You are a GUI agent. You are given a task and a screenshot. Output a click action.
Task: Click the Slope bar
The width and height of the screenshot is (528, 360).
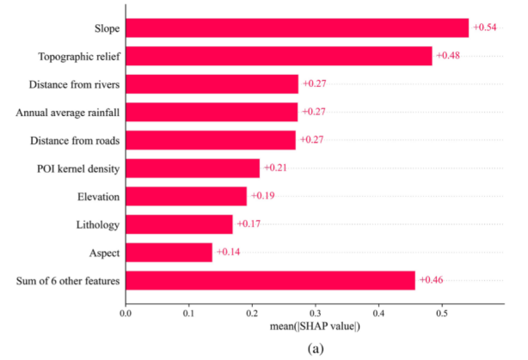click(x=297, y=28)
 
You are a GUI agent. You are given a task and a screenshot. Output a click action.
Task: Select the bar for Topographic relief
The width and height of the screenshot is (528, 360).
click(x=279, y=56)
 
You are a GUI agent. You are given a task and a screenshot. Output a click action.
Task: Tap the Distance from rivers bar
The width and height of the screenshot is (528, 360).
click(x=212, y=84)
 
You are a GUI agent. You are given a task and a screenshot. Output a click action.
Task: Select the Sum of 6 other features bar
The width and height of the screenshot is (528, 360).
click(x=270, y=280)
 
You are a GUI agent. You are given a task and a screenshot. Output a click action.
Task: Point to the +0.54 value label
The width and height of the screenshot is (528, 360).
click(x=484, y=28)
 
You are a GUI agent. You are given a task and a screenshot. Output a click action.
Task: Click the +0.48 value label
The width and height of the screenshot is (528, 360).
click(x=449, y=56)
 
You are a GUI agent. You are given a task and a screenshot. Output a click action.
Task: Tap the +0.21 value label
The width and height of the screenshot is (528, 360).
click(x=275, y=168)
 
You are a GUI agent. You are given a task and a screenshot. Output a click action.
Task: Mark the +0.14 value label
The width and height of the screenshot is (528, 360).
click(x=228, y=252)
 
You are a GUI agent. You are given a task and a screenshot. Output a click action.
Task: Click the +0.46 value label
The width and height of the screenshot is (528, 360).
click(x=431, y=280)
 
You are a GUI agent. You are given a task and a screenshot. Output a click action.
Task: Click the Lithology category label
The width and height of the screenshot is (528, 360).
click(x=97, y=224)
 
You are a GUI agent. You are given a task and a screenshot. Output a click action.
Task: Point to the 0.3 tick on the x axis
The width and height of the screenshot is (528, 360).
click(x=315, y=314)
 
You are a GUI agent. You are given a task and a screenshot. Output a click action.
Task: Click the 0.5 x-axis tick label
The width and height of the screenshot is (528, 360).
click(x=441, y=314)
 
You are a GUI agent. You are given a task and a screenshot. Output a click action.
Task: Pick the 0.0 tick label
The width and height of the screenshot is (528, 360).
click(x=126, y=314)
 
